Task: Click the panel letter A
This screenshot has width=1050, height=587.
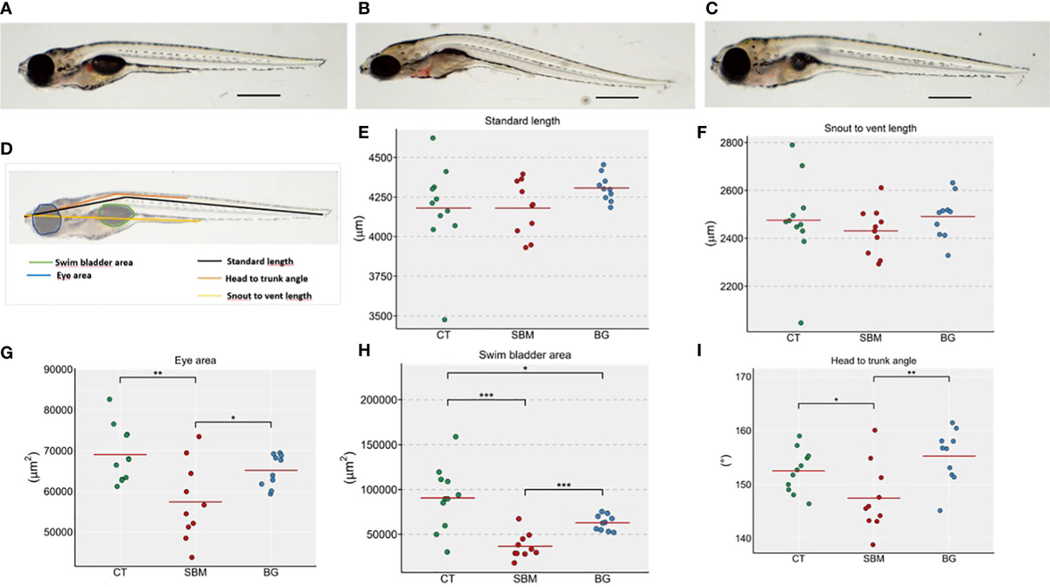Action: (7, 10)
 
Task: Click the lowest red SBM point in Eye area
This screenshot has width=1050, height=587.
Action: (192, 557)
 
